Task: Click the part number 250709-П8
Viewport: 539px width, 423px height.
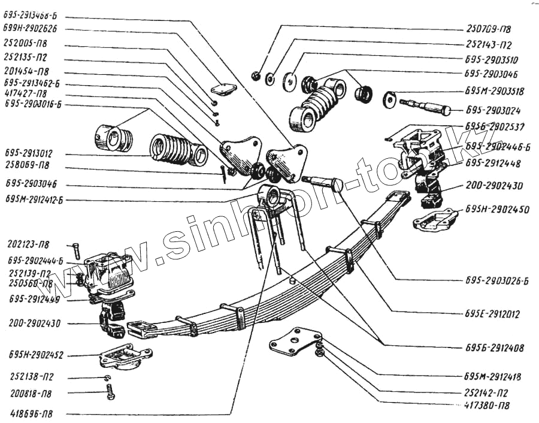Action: tap(488, 28)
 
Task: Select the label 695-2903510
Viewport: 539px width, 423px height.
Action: tap(490, 61)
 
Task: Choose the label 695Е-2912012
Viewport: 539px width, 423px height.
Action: tap(491, 313)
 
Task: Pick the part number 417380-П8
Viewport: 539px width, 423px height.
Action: tap(487, 406)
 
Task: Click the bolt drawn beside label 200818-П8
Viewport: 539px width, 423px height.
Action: tap(110, 392)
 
